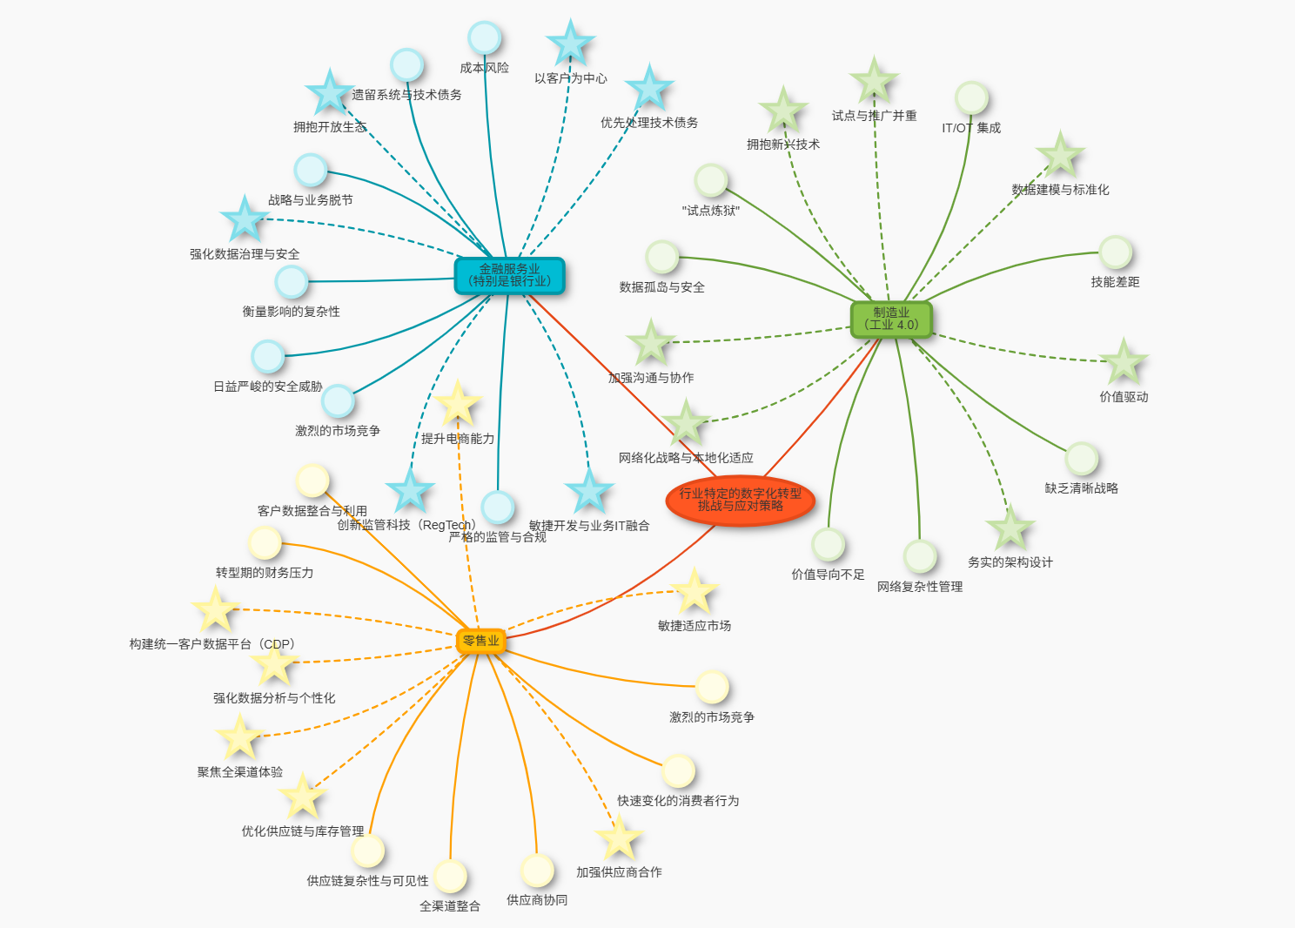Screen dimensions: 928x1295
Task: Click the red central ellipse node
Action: pyautogui.click(x=740, y=500)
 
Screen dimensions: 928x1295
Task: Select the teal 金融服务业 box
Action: pyautogui.click(x=509, y=276)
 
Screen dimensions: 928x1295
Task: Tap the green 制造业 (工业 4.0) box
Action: pyautogui.click(x=891, y=319)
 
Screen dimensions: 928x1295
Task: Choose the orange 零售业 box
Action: pyautogui.click(x=480, y=641)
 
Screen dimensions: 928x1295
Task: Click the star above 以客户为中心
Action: pyautogui.click(x=570, y=44)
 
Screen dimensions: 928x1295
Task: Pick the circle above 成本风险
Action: pyautogui.click(x=484, y=38)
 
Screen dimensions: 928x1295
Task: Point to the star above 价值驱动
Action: pyautogui.click(x=1124, y=362)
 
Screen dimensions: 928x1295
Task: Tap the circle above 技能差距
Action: pyautogui.click(x=1115, y=252)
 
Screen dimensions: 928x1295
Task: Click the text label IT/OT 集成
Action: pyautogui.click(x=971, y=128)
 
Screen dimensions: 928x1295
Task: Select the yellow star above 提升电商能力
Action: pyautogui.click(x=457, y=404)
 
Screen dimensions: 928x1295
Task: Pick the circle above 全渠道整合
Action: pyautogui.click(x=450, y=876)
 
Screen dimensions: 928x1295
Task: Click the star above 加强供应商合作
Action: pyautogui.click(x=619, y=838)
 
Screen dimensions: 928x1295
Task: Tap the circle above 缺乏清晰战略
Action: pyautogui.click(x=1081, y=459)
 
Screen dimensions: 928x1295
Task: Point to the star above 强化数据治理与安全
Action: pyautogui.click(x=245, y=219)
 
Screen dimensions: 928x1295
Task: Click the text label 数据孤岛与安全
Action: pyautogui.click(x=661, y=287)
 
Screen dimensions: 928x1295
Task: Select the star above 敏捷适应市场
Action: pyautogui.click(x=694, y=592)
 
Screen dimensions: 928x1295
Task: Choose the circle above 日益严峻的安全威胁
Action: pyautogui.click(x=268, y=356)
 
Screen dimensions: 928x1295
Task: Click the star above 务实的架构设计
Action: pyautogui.click(x=1010, y=528)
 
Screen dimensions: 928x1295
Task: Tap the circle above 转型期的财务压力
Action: pyautogui.click(x=265, y=542)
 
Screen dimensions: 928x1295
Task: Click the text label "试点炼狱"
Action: pyautogui.click(x=710, y=211)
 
